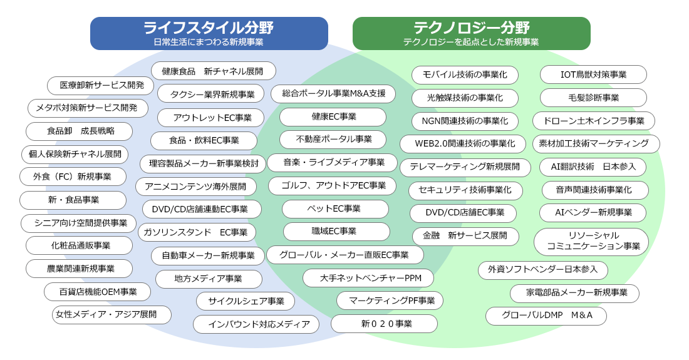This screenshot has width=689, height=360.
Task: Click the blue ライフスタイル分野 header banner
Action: pyautogui.click(x=209, y=33)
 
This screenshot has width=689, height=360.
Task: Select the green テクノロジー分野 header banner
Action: pyautogui.click(x=472, y=33)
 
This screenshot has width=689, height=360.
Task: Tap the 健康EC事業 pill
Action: pyautogui.click(x=333, y=117)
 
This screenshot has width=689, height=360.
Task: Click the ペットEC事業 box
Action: pyautogui.click(x=335, y=209)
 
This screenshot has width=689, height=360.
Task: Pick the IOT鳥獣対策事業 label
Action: pyautogui.click(x=593, y=75)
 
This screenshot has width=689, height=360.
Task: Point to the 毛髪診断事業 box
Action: pyautogui.click(x=593, y=98)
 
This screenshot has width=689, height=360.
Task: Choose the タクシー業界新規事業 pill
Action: pyautogui.click(x=211, y=95)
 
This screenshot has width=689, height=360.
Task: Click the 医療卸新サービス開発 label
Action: pyautogui.click(x=101, y=85)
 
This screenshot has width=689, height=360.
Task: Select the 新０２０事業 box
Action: pyautogui.click(x=384, y=324)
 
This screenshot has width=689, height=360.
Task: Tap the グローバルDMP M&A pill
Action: pyautogui.click(x=546, y=316)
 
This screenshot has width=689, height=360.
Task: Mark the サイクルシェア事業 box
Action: pyautogui.click(x=245, y=301)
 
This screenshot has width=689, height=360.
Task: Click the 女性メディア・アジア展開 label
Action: pyautogui.click(x=111, y=315)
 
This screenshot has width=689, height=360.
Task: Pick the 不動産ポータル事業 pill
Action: pyautogui.click(x=333, y=140)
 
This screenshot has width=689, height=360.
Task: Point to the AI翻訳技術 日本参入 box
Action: pyautogui.click(x=593, y=167)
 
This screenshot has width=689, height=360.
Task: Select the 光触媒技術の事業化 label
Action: pyautogui.click(x=465, y=98)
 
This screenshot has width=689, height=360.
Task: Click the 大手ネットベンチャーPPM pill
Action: pyautogui.click(x=368, y=279)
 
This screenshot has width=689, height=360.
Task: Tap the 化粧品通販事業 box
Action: pyautogui.click(x=79, y=246)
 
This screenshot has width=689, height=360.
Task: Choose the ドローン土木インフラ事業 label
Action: pyautogui.click(x=594, y=121)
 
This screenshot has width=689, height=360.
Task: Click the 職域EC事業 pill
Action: pyautogui.click(x=336, y=232)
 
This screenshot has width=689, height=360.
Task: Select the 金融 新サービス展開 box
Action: pyautogui.click(x=465, y=236)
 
